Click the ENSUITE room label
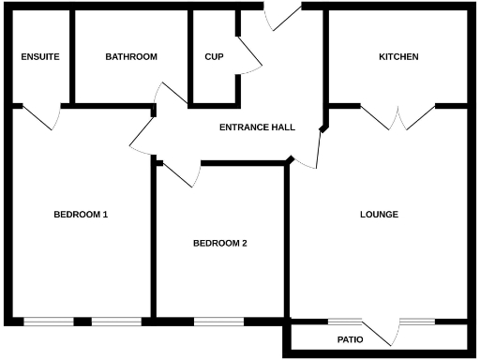point(40,57)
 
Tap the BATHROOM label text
point(131,57)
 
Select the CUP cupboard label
point(214,57)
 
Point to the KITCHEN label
point(398,57)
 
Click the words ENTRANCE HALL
point(257,127)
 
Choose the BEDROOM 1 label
point(81,215)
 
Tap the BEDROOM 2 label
point(219,244)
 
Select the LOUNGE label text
point(379,215)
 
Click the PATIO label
point(350,339)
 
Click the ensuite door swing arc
point(42,118)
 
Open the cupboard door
point(249,55)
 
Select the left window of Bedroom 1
point(48,322)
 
